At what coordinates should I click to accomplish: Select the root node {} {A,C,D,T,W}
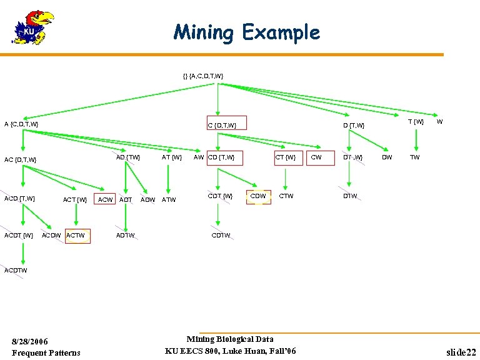[203, 76]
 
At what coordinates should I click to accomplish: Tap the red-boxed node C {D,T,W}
[227, 124]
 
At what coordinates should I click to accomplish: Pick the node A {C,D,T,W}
[21, 124]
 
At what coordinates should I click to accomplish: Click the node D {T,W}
[353, 126]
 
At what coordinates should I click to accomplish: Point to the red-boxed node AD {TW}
[128, 157]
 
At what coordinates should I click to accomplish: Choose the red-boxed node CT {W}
[286, 157]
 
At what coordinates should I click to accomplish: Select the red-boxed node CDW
[258, 196]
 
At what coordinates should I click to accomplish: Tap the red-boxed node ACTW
[77, 236]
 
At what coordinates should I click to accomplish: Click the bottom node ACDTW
[16, 271]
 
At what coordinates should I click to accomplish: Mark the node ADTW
[125, 236]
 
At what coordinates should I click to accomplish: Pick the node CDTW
[221, 236]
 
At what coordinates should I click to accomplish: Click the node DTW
[350, 196]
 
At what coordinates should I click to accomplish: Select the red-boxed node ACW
[106, 199]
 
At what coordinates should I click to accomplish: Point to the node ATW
[169, 200]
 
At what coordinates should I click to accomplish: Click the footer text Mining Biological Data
[229, 339]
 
